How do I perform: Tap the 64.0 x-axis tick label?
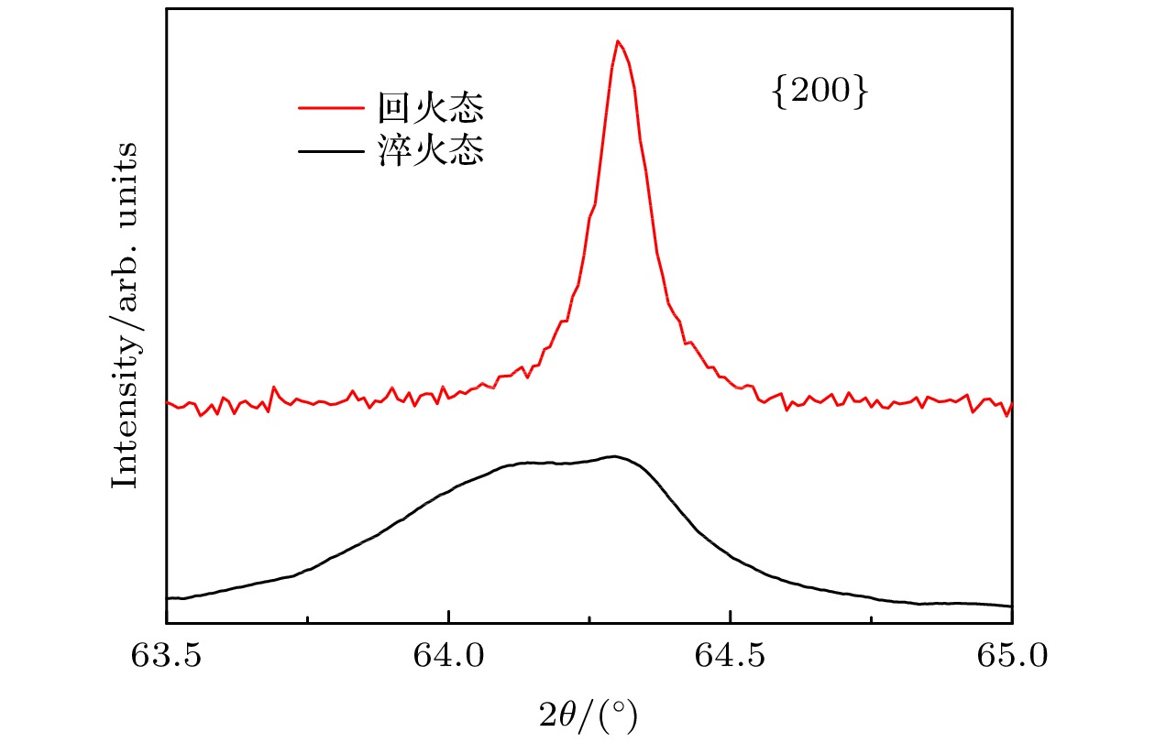tap(448, 658)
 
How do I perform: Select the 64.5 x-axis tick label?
tap(730, 658)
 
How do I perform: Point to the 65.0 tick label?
tap(1011, 658)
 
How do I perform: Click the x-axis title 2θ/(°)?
tap(588, 710)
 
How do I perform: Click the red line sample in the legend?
tap(332, 108)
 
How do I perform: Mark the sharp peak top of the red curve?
tap(618, 41)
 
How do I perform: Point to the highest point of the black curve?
tap(614, 456)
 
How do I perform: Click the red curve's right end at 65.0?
tap(1011, 404)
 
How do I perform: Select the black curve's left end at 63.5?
tap(168, 597)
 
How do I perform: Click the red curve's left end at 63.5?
tap(168, 402)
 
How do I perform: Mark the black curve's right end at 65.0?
tap(1011, 606)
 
